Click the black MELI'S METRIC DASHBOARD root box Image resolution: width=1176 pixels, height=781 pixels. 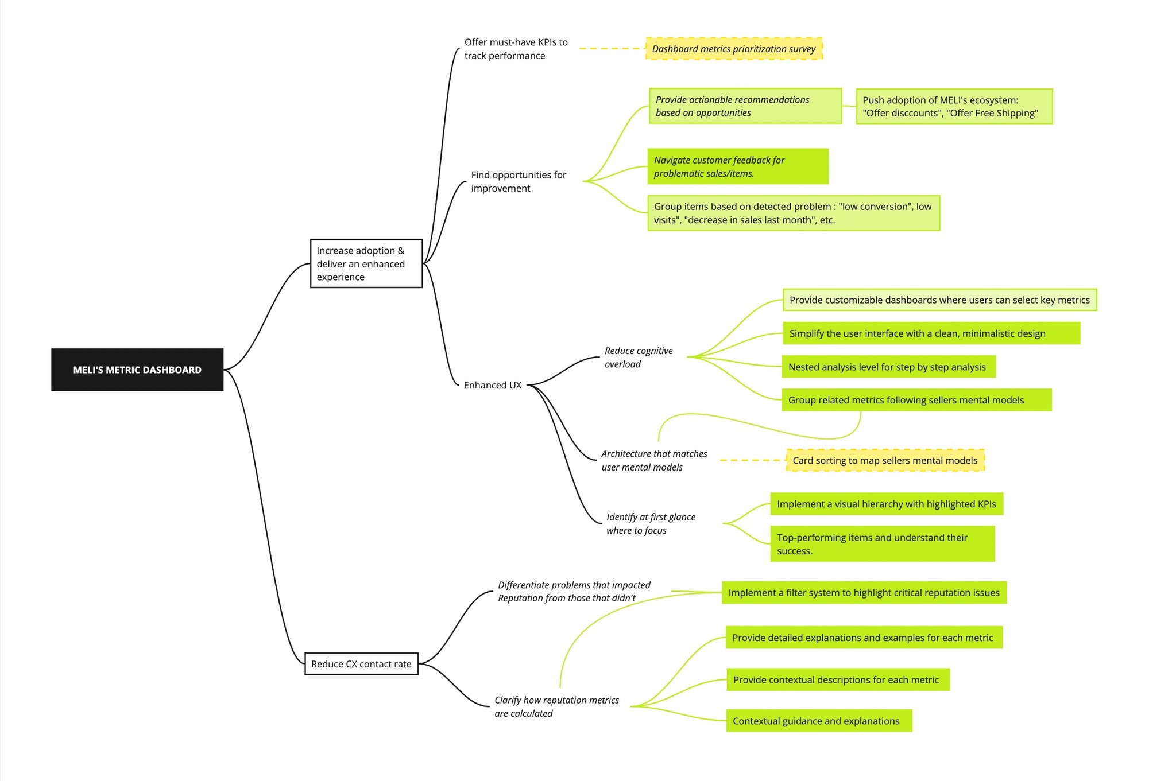[x=137, y=370]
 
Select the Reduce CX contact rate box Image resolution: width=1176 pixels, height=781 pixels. [x=361, y=664]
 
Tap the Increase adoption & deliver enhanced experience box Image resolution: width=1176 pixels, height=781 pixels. [x=366, y=263]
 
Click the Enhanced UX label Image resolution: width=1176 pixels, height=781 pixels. [x=493, y=385]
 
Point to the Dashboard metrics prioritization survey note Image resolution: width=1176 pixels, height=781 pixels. [x=734, y=49]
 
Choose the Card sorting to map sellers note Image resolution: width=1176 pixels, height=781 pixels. [x=885, y=460]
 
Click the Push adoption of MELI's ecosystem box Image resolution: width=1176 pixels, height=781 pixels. [x=954, y=106]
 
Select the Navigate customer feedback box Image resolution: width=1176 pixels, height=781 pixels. [x=737, y=166]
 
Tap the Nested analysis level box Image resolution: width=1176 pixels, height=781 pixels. [x=888, y=367]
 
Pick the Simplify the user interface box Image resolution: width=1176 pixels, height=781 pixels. [x=931, y=333]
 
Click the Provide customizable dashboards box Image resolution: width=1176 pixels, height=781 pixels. [x=939, y=300]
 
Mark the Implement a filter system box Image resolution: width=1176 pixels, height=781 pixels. [x=864, y=592]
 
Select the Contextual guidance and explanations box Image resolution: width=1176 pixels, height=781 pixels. [x=818, y=721]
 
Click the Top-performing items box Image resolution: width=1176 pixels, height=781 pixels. [x=882, y=544]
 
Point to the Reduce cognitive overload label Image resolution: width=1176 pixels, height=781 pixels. [x=639, y=357]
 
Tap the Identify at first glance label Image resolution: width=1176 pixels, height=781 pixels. [x=651, y=523]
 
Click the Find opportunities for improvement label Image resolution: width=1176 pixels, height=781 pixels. [x=519, y=181]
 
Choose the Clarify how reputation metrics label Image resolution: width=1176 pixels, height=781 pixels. [x=556, y=706]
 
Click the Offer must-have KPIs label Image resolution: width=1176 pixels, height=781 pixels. [x=516, y=49]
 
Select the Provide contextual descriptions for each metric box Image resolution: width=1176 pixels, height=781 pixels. [x=837, y=679]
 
